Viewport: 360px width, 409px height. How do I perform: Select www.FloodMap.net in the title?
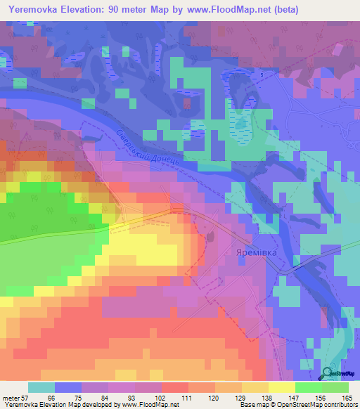[x=225, y=10]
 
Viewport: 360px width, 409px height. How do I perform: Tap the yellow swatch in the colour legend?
[x=281, y=387]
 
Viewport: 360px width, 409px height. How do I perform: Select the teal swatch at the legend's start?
[x=41, y=387]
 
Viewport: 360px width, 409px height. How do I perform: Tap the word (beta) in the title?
[x=283, y=10]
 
